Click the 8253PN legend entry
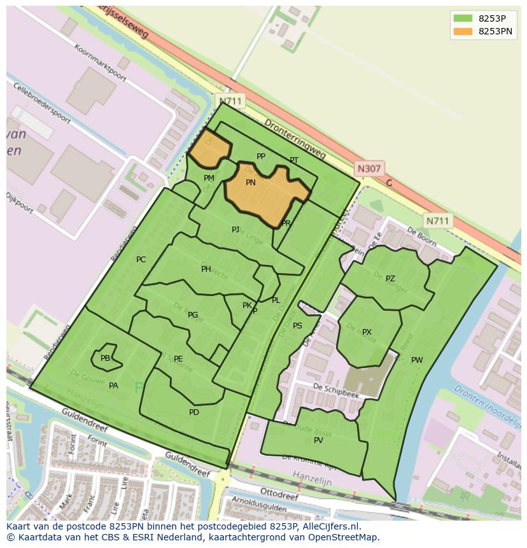(495, 31)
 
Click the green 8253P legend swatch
(463, 18)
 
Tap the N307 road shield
(369, 169)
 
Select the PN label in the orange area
(251, 183)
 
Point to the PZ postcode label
(390, 279)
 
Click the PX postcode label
(367, 332)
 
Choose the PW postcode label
(417, 360)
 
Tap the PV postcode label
(318, 440)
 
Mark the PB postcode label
(105, 358)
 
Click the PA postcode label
(113, 386)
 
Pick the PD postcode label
(194, 412)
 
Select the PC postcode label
(141, 260)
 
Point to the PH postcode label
(206, 269)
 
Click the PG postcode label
(193, 315)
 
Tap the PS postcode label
(297, 326)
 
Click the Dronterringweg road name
(295, 139)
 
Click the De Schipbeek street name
(336, 391)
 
